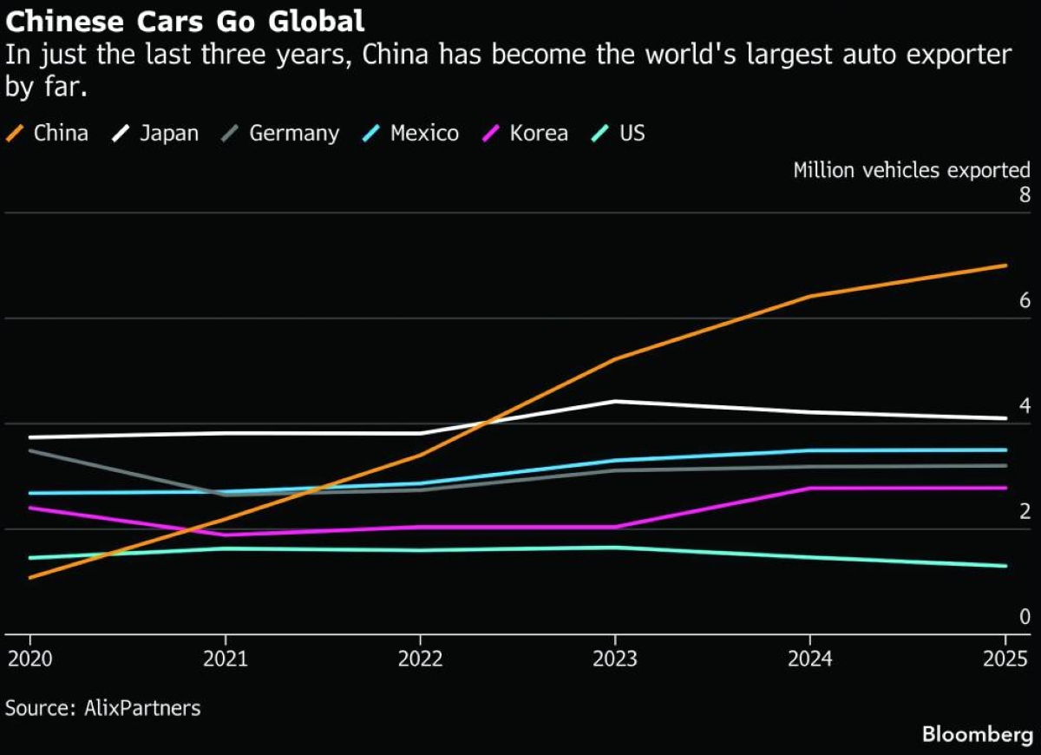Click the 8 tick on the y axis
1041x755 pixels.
pos(1024,194)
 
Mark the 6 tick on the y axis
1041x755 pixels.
pos(1024,301)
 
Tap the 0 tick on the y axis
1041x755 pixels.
pos(1024,617)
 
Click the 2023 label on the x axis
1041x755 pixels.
pos(615,659)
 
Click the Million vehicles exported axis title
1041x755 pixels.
pos(912,170)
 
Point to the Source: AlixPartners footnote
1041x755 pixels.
pos(102,708)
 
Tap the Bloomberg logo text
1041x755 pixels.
pos(978,735)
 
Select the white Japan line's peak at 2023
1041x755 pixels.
pos(615,401)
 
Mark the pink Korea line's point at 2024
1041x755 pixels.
pos(810,488)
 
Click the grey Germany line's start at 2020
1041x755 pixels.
pos(29,450)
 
